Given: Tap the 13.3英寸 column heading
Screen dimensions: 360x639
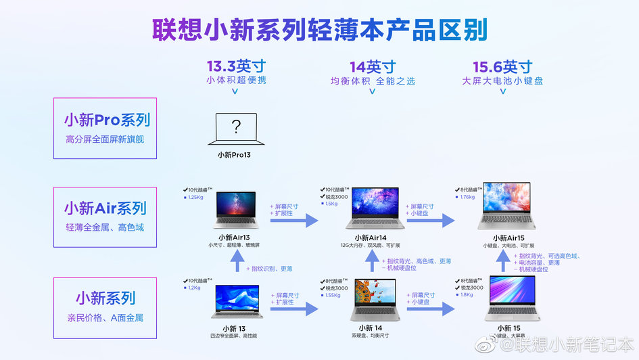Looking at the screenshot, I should click(235, 66).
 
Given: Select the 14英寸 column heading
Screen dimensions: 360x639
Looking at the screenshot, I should click(373, 66).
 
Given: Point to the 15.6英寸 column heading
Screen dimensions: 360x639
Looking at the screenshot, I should click(502, 66).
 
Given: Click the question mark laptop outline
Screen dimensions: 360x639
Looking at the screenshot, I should click(235, 129).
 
